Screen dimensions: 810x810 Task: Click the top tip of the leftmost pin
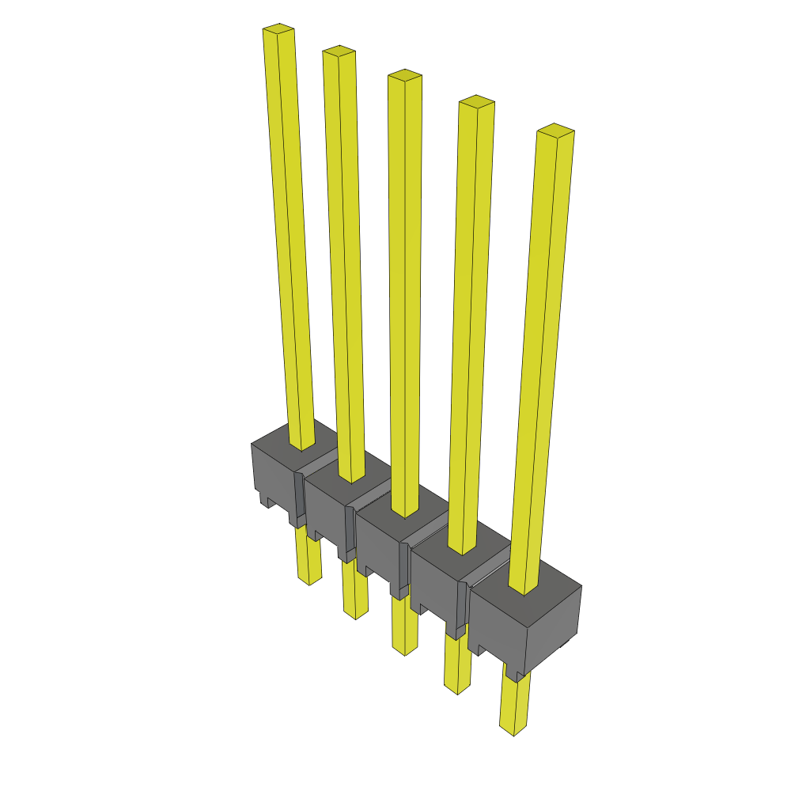coord(278,29)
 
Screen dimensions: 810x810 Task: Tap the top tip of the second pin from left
coord(339,51)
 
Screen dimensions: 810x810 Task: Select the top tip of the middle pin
coord(404,75)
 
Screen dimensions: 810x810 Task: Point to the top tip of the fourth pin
coord(476,101)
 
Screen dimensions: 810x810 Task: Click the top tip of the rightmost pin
coord(555,130)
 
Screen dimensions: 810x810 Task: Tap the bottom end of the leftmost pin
coord(308,579)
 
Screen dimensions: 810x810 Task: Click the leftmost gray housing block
coord(272,467)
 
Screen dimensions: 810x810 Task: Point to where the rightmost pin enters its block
coord(524,589)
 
